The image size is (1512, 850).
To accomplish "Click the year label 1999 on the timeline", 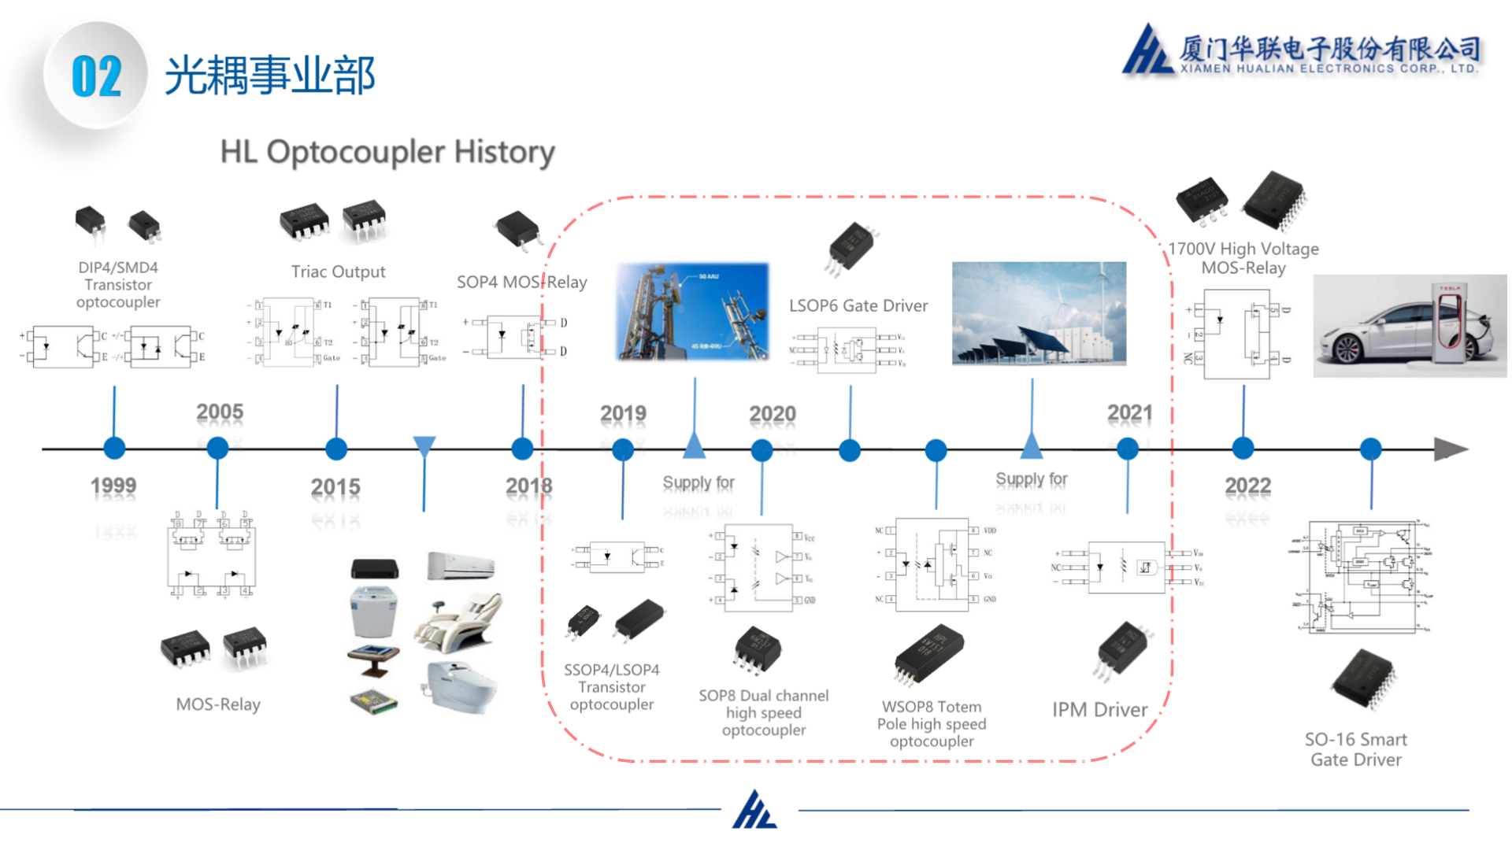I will tap(113, 486).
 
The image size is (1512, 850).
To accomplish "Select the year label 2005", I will tap(220, 412).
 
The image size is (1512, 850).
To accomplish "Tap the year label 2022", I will tap(1247, 486).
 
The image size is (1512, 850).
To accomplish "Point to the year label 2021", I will tap(1129, 412).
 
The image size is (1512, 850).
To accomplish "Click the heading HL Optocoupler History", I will tap(387, 152).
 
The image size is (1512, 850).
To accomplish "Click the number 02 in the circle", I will tap(97, 76).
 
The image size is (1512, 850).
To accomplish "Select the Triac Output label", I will tap(338, 272).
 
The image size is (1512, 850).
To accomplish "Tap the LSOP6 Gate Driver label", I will tap(858, 305).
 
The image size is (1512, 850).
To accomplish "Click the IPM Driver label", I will tap(1099, 710).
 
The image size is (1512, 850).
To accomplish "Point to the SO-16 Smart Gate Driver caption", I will tap(1355, 749).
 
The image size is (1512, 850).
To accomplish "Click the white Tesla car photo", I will tap(1410, 326).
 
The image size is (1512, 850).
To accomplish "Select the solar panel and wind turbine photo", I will tap(1039, 313).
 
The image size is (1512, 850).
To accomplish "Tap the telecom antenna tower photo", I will tap(692, 312).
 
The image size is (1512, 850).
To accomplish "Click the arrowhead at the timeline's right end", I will tap(1450, 449).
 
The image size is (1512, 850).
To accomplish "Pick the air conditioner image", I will tap(461, 565).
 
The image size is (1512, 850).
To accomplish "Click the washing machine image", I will tap(372, 612).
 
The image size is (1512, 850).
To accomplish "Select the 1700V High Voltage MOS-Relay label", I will tap(1243, 258).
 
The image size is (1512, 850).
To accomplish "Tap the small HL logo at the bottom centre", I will tap(755, 810).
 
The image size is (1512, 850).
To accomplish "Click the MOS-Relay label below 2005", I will tap(218, 704).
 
